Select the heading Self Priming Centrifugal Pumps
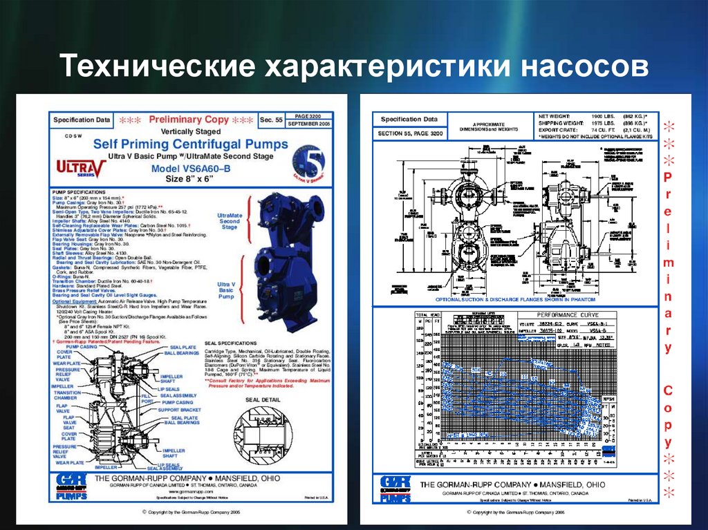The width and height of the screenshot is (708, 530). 190,144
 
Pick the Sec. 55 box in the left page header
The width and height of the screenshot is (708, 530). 270,120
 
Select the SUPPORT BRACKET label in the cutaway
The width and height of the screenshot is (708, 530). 178,410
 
